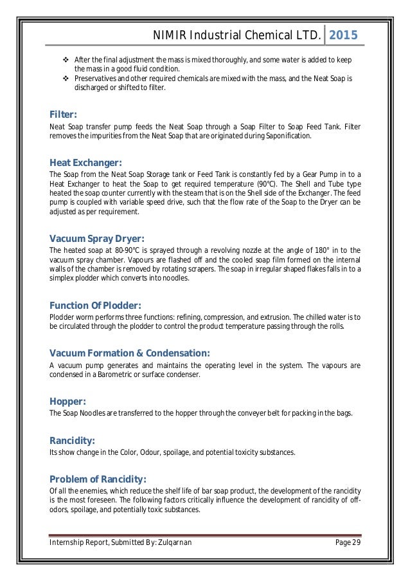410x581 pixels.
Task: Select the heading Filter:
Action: point(63,115)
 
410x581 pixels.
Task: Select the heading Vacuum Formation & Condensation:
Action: point(129,353)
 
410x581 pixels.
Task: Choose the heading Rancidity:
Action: point(72,441)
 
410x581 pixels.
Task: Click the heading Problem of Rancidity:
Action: point(97,479)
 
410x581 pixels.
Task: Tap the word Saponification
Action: point(289,136)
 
